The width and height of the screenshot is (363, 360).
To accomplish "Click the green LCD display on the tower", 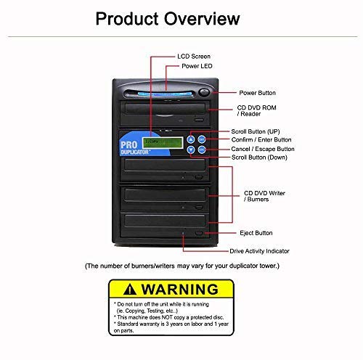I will [155, 143].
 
